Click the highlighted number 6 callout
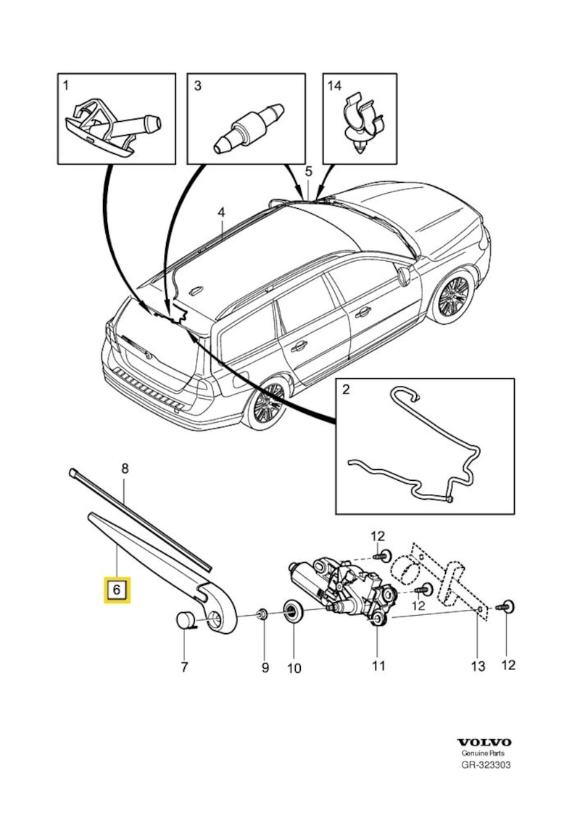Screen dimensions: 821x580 (x=117, y=590)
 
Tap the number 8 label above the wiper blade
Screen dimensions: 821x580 (x=124, y=469)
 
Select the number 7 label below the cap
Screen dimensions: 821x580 (x=184, y=666)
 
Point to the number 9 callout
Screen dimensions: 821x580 (x=265, y=666)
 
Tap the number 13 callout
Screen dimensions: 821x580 (x=478, y=666)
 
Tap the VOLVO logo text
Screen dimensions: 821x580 (x=484, y=742)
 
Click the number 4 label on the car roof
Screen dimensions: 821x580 (x=221, y=213)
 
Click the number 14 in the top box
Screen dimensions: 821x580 (x=334, y=86)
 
